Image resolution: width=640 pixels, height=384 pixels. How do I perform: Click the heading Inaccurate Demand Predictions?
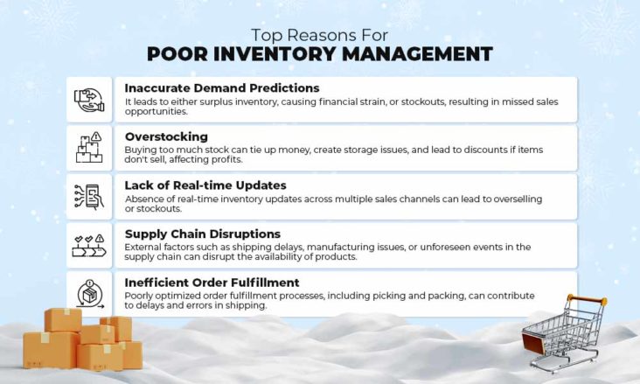click(x=221, y=88)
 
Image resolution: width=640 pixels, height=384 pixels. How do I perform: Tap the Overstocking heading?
click(x=166, y=137)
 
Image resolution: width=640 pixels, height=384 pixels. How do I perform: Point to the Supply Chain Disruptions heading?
click(x=202, y=234)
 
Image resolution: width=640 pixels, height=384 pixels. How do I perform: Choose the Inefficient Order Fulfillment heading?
click(x=212, y=283)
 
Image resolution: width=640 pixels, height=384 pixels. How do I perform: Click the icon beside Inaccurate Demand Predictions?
click(x=89, y=100)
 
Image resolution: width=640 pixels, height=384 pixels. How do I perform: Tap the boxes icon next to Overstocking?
click(x=89, y=148)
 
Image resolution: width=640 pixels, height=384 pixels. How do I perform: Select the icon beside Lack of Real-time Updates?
click(x=89, y=197)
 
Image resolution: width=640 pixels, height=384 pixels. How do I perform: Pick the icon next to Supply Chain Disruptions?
click(x=89, y=246)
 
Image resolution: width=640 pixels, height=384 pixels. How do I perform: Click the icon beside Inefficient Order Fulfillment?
click(x=89, y=294)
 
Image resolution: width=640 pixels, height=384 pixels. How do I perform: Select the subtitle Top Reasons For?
click(x=319, y=35)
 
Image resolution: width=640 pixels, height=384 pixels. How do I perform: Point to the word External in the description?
click(x=144, y=248)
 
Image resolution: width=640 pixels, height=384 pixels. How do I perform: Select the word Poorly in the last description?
click(x=142, y=297)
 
